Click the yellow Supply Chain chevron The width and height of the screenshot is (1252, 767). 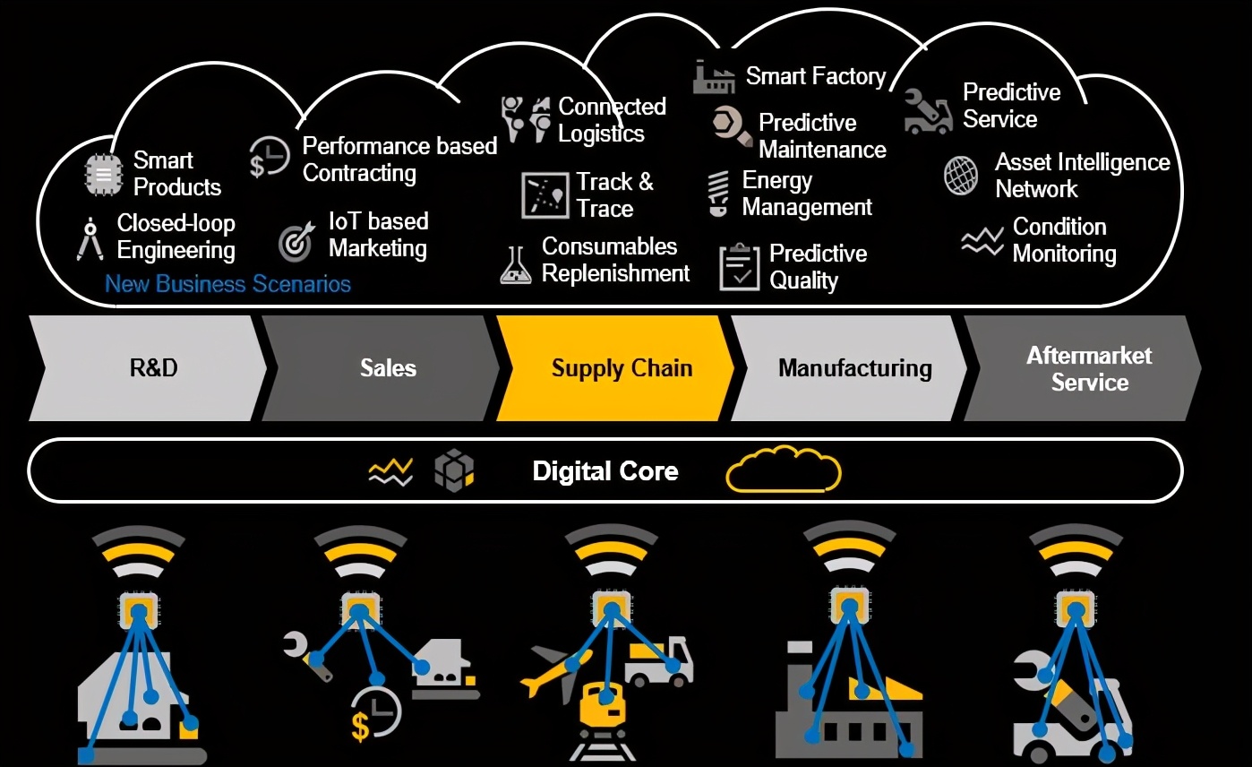615,368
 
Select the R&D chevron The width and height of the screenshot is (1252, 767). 148,368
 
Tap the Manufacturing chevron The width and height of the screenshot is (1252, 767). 850,368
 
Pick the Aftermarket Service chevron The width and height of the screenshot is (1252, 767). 1083,368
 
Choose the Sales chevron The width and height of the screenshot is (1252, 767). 382,368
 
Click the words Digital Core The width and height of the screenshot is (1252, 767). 605,471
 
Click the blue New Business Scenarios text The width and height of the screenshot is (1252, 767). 227,284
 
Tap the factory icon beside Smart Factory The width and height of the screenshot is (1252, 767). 714,77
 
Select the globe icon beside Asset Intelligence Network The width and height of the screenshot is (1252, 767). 961,176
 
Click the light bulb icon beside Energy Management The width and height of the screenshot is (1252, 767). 718,194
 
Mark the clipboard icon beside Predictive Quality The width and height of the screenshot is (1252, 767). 740,267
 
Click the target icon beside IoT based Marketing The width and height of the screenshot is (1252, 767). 296,242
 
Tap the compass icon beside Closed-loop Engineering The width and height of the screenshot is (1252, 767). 90,239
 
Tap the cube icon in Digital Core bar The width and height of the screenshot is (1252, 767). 454,470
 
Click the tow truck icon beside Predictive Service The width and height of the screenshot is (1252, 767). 928,112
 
